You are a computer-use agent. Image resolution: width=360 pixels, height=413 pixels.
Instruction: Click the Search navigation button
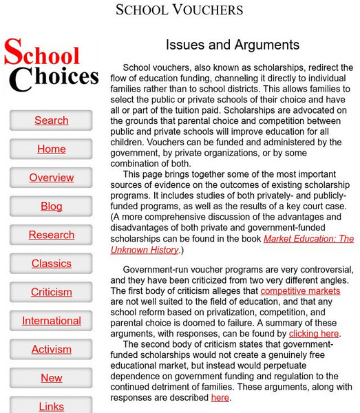(x=52, y=120)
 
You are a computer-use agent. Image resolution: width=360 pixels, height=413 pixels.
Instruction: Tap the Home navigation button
(x=52, y=149)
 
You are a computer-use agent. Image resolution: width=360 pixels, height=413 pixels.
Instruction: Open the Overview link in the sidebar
(x=52, y=178)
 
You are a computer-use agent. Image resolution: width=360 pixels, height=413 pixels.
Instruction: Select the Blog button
(x=52, y=206)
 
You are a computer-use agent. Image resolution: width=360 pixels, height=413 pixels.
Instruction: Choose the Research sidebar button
(x=52, y=235)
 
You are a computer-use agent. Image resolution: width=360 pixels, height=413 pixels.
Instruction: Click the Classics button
(x=52, y=264)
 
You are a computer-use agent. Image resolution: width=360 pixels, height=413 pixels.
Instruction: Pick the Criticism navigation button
(x=52, y=292)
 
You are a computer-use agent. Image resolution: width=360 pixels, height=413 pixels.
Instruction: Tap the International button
(x=52, y=321)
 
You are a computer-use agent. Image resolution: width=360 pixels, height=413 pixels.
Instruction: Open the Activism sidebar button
(x=52, y=349)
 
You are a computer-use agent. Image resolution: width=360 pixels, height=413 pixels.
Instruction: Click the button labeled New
(x=52, y=378)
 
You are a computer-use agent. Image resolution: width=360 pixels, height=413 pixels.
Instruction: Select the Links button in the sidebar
(x=52, y=406)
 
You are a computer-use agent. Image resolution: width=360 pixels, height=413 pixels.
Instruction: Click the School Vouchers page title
(x=179, y=10)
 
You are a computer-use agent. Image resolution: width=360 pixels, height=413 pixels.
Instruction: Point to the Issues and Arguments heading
(x=233, y=45)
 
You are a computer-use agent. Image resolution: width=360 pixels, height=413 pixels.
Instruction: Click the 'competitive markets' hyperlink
(x=300, y=292)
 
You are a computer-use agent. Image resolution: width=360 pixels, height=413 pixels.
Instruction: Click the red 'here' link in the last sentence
(x=220, y=397)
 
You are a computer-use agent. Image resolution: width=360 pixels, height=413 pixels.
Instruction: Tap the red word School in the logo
(x=43, y=54)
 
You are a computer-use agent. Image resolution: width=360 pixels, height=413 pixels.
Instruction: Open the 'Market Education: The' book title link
(x=308, y=239)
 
